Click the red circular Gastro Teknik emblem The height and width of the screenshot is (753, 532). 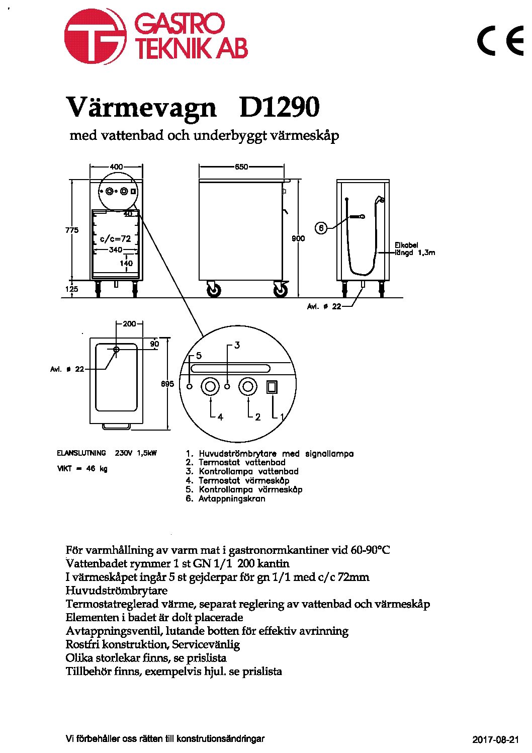click(x=96, y=36)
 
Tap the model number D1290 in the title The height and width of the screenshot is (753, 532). click(x=279, y=107)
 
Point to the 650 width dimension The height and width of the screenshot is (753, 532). click(x=241, y=166)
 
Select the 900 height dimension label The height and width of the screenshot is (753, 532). click(x=298, y=238)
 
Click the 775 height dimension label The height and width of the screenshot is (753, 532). click(x=72, y=230)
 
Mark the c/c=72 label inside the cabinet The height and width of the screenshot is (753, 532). click(x=115, y=238)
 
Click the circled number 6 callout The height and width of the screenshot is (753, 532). click(x=321, y=228)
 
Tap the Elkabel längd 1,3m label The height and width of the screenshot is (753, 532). click(x=414, y=249)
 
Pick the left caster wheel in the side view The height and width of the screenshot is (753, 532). click(x=214, y=289)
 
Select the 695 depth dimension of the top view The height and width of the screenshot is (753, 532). click(x=168, y=384)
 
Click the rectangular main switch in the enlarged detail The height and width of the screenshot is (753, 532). click(x=272, y=387)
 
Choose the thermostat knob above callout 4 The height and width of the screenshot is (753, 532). click(x=210, y=387)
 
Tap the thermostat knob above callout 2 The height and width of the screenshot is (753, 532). click(x=248, y=387)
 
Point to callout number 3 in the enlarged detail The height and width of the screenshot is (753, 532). click(x=237, y=345)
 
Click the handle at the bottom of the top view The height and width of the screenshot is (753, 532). click(x=116, y=426)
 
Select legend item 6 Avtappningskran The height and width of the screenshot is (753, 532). click(x=225, y=498)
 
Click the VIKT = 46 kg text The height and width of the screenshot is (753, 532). click(x=82, y=468)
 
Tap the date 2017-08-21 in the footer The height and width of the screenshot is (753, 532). click(x=496, y=739)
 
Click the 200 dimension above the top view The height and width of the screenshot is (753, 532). click(x=129, y=324)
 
